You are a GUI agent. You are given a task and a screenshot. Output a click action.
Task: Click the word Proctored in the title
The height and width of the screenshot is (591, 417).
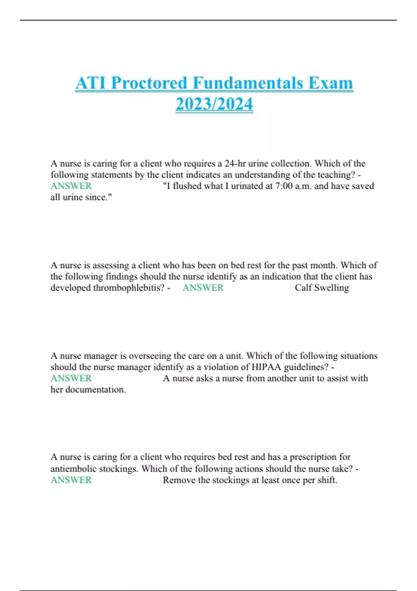[149, 83]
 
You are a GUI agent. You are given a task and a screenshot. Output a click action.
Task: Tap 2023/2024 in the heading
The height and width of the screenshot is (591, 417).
[214, 104]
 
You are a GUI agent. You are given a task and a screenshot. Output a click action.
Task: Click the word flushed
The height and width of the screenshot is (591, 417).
[187, 186]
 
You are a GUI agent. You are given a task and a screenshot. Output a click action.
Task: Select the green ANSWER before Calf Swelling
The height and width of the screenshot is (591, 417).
[203, 288]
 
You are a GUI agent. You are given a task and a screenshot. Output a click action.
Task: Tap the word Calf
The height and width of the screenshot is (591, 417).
[303, 288]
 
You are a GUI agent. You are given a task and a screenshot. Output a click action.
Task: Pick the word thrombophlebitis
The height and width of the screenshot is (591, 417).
[129, 288]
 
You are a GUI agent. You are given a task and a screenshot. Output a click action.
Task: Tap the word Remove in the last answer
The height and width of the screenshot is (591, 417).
[180, 480]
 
